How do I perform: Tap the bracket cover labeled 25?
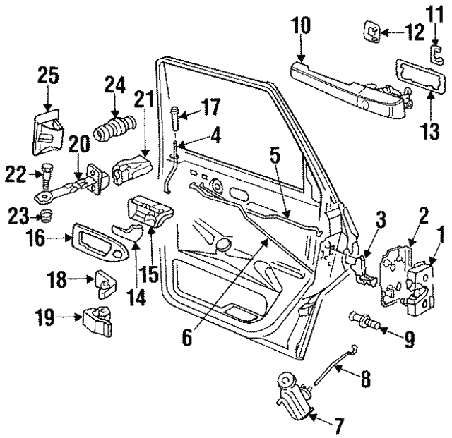point(45,131)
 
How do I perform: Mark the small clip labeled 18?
point(103,284)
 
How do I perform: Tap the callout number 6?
point(186,338)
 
